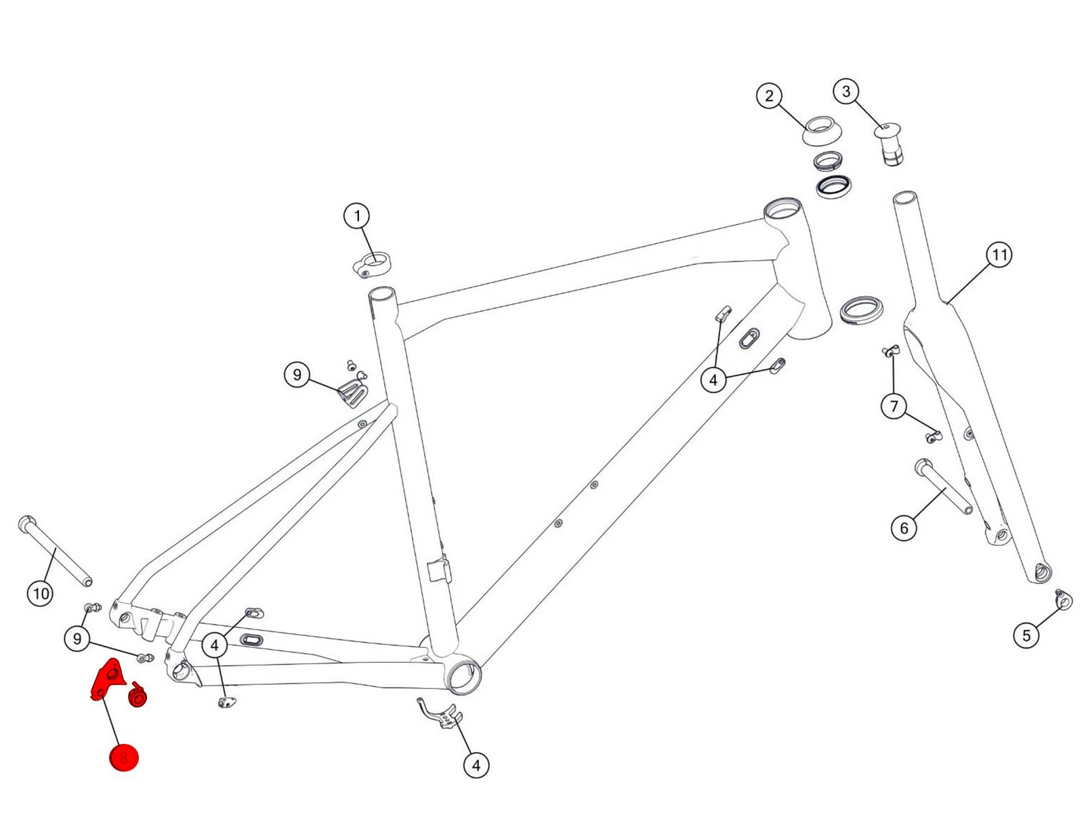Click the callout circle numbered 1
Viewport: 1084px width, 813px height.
[357, 217]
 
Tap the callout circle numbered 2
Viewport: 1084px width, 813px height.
[769, 96]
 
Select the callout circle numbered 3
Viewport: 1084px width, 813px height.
[846, 91]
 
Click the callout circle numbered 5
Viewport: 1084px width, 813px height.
[1026, 635]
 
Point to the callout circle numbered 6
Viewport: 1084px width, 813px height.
[904, 528]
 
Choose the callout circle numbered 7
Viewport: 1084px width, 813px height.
[894, 406]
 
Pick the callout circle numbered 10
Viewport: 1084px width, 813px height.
[40, 593]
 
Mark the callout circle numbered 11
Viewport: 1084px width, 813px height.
[999, 255]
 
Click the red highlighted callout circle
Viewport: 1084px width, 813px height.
[124, 757]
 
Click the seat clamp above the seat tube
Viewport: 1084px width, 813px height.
[372, 265]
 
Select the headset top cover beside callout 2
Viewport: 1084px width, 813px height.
[822, 130]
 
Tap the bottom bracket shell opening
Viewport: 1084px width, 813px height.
[464, 677]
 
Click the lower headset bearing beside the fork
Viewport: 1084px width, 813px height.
[861, 310]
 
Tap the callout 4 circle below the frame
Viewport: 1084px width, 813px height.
[476, 766]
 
